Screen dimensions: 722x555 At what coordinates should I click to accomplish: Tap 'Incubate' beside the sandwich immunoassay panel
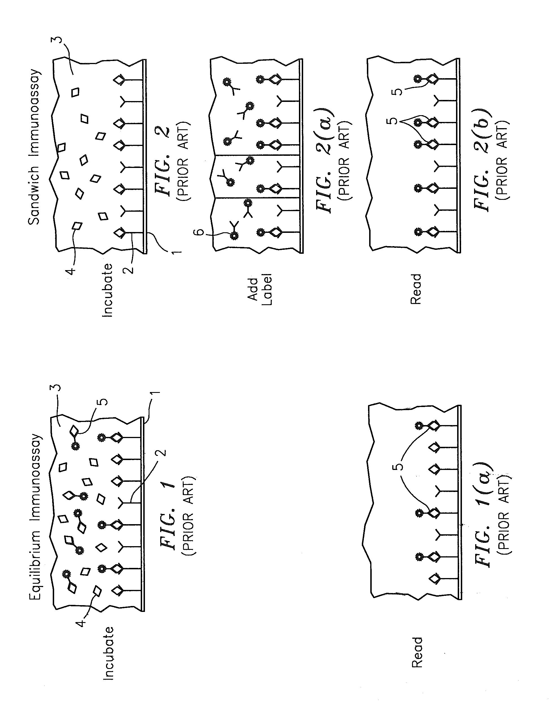coord(108,290)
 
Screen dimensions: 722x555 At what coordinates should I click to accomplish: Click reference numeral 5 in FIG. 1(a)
coord(399,467)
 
